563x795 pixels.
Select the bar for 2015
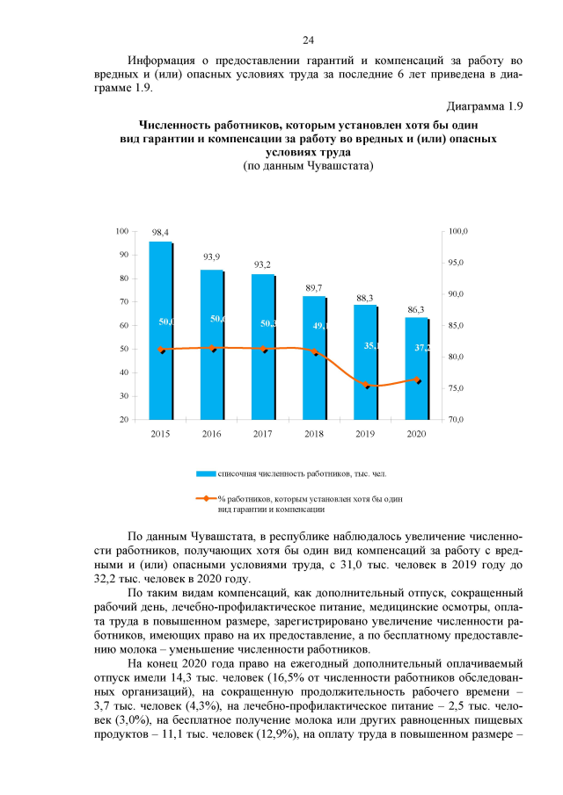[160, 334]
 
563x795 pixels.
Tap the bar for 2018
[315, 360]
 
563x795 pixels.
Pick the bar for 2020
[417, 369]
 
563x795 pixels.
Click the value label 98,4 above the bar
[160, 232]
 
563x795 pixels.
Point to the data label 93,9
[212, 257]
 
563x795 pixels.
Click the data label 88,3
[365, 298]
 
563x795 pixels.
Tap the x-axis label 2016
[212, 434]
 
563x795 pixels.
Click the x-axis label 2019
[365, 434]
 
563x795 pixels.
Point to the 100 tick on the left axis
[123, 231]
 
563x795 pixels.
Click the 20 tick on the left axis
[125, 420]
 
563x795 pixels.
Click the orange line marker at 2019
[367, 386]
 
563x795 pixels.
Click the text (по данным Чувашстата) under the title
[308, 166]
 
